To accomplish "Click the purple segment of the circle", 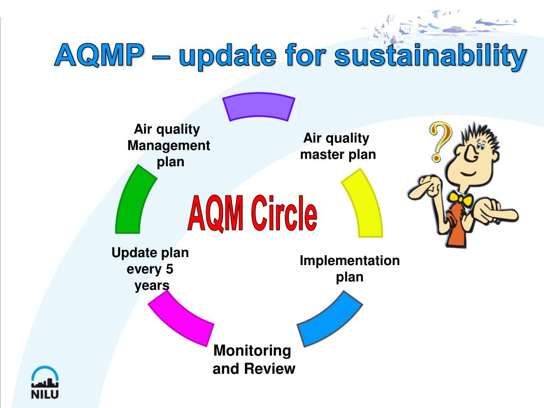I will pyautogui.click(x=259, y=107).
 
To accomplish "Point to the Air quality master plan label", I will pyautogui.click(x=337, y=147).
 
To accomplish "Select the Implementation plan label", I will pyautogui.click(x=349, y=268).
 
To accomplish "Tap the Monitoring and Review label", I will pyautogui.click(x=253, y=360).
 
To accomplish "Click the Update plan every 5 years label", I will pyautogui.click(x=150, y=269).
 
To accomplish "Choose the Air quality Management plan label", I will pyautogui.click(x=168, y=145).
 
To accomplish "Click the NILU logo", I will pyautogui.click(x=45, y=382).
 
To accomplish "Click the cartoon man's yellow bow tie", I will pyautogui.click(x=460, y=201).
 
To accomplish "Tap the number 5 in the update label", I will pyautogui.click(x=170, y=269).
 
